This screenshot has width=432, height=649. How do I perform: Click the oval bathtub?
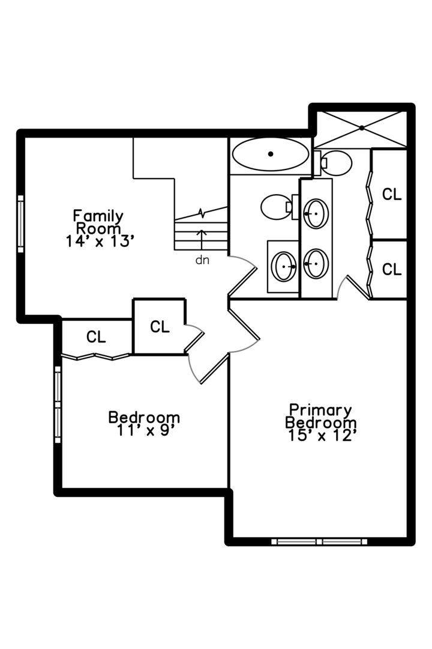click(x=271, y=154)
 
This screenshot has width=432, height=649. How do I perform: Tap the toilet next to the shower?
click(x=335, y=162)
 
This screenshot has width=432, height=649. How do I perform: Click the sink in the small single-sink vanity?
click(x=283, y=266)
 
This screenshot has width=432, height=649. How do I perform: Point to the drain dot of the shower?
click(x=362, y=127)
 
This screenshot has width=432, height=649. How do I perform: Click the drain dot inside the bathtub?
click(x=271, y=154)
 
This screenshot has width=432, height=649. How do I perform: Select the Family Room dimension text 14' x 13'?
click(x=98, y=240)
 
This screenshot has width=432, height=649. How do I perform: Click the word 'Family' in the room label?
click(x=98, y=215)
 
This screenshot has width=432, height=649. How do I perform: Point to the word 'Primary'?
click(x=320, y=410)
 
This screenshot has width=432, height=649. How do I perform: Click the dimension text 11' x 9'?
click(x=143, y=430)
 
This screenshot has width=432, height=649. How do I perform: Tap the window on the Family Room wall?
click(x=20, y=224)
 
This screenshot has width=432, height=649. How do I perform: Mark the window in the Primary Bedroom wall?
click(x=319, y=541)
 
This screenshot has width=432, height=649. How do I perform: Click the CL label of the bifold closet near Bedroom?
click(x=96, y=337)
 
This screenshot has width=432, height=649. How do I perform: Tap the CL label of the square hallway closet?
click(x=160, y=326)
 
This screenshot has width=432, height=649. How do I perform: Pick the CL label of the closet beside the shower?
click(x=392, y=194)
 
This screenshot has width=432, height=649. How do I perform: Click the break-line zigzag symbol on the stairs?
click(x=202, y=213)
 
